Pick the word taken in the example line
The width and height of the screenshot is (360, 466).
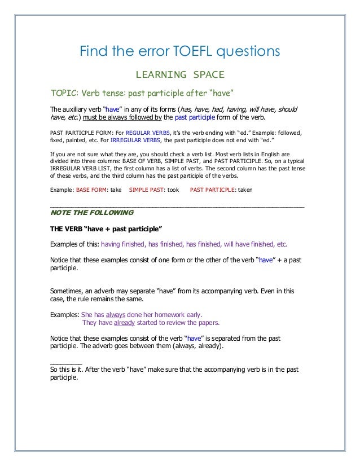(245, 190)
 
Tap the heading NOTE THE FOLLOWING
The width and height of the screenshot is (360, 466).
(92, 213)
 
